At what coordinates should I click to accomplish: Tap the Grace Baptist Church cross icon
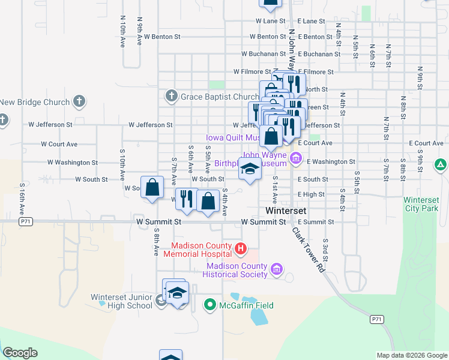pyautogui.click(x=171, y=96)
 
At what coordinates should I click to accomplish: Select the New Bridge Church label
pyautogui.click(x=35, y=103)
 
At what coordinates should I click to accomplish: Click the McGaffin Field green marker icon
pyautogui.click(x=209, y=305)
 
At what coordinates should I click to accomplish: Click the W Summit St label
pyautogui.click(x=160, y=222)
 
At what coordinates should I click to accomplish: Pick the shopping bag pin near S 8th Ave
pyautogui.click(x=153, y=187)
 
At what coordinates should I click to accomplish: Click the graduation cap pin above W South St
pyautogui.click(x=250, y=169)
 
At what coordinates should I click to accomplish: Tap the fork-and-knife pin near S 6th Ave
pyautogui.click(x=187, y=199)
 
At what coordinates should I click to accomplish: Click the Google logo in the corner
pyautogui.click(x=20, y=353)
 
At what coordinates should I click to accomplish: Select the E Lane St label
pyautogui.click(x=311, y=21)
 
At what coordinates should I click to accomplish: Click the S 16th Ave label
pyautogui.click(x=22, y=198)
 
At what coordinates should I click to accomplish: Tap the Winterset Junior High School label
pyautogui.click(x=122, y=301)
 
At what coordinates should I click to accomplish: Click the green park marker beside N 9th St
pyautogui.click(x=440, y=164)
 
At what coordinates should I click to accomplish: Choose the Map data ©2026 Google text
pyautogui.click(x=412, y=355)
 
